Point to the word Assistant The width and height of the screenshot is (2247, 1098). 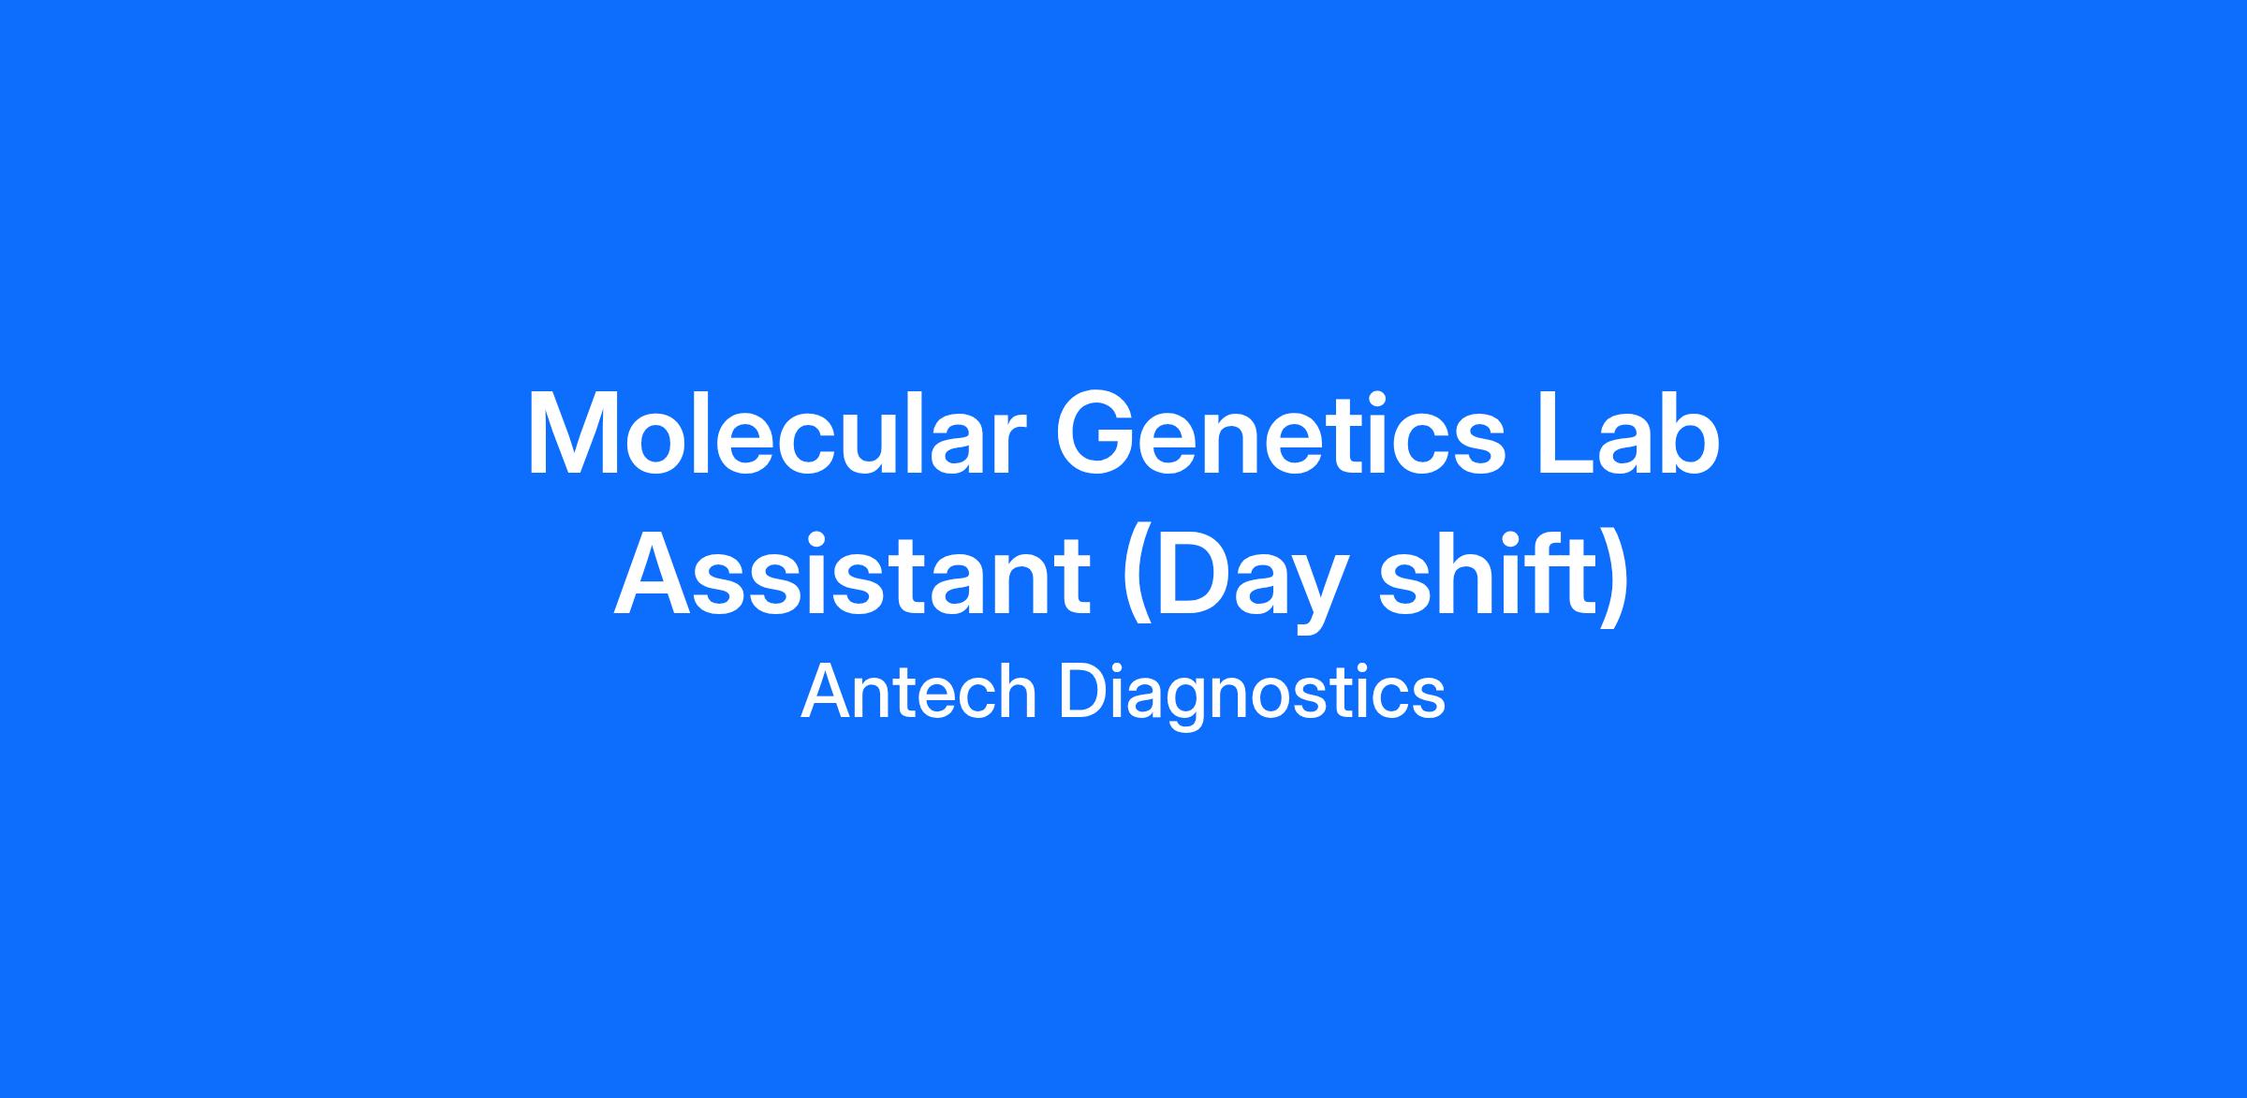click(x=852, y=574)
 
